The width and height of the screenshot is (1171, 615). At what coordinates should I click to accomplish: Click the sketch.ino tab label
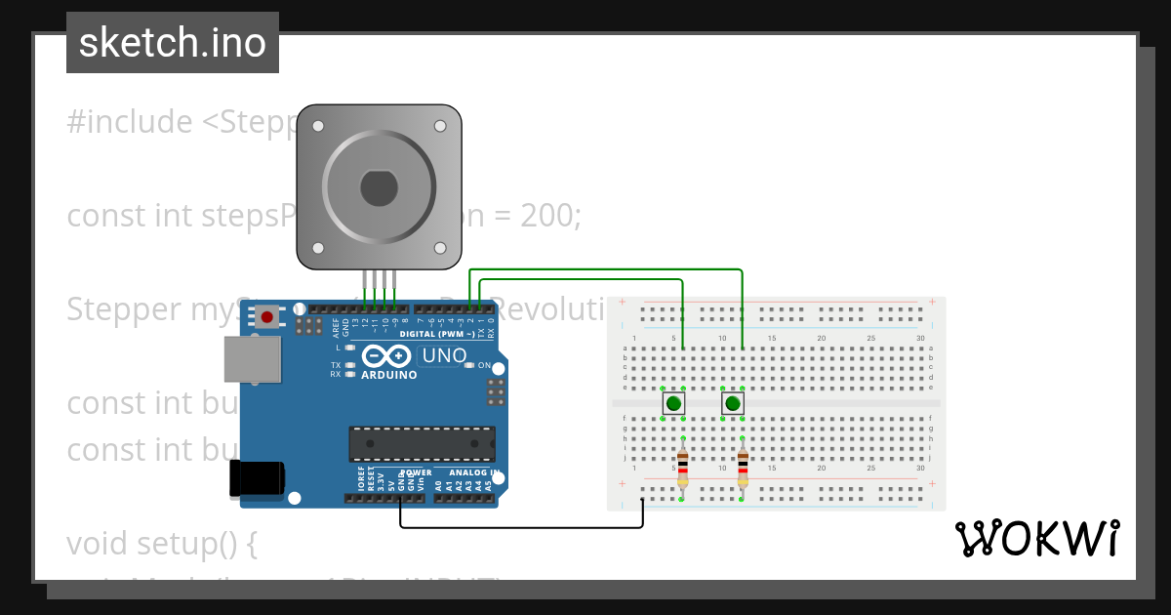172,43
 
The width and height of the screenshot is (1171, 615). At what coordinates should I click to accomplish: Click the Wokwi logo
1036,539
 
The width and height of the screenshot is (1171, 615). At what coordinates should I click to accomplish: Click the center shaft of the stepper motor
379,187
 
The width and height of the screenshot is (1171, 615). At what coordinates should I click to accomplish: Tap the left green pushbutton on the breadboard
673,403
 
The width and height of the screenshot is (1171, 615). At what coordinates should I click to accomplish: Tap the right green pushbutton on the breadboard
733,403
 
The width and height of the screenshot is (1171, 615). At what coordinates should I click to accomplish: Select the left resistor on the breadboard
682,469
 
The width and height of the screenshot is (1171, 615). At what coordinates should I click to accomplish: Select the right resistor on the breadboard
743,469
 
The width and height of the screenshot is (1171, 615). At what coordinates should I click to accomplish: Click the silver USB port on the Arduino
252,359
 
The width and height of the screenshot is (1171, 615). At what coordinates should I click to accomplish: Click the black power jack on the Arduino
257,478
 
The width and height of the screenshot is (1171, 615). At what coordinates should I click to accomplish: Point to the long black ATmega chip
422,443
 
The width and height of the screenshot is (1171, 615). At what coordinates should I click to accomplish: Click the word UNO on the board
443,356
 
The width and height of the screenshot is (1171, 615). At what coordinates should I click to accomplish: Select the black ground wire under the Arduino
521,528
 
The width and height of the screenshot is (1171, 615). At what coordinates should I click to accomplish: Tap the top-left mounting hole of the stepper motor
317,125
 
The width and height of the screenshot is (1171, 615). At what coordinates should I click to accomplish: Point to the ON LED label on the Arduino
484,365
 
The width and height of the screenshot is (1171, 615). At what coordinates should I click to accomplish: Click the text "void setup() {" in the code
161,543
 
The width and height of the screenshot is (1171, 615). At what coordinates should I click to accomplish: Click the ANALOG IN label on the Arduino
474,472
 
